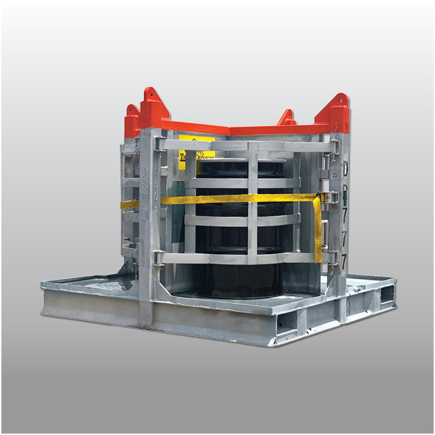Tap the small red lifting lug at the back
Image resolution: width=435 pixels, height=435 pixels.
[x=286, y=118]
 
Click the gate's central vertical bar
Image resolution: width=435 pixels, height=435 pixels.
[x=252, y=202]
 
